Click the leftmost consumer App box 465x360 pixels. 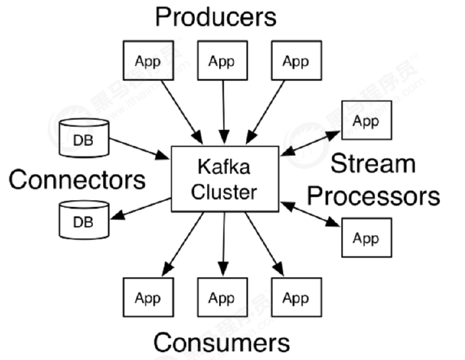coord(147,298)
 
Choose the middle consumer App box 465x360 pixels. coord(221,298)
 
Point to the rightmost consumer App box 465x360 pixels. coord(295,298)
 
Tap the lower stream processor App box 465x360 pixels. coord(366,238)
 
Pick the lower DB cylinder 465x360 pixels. coord(84,220)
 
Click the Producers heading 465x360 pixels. coord(216,16)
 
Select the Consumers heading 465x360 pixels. coord(221,342)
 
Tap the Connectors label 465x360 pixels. coord(77,179)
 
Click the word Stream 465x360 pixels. coord(373,164)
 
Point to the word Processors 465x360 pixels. coord(373,196)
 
